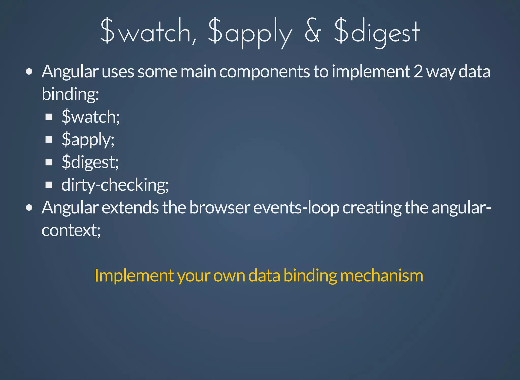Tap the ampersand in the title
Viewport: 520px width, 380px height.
313,32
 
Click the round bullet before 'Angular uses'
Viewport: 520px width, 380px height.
29,72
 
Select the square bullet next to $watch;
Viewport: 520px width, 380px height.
49,117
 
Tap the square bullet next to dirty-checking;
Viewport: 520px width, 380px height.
49,185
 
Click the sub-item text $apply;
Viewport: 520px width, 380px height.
88,140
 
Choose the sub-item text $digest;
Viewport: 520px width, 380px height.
90,162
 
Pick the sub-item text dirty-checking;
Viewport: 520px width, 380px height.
115,185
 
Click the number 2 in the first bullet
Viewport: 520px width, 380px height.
418,72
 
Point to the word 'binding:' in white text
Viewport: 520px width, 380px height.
70,94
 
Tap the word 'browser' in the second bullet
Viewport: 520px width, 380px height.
220,208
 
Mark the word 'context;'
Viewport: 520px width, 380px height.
71,230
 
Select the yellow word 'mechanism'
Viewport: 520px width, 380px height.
381,276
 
